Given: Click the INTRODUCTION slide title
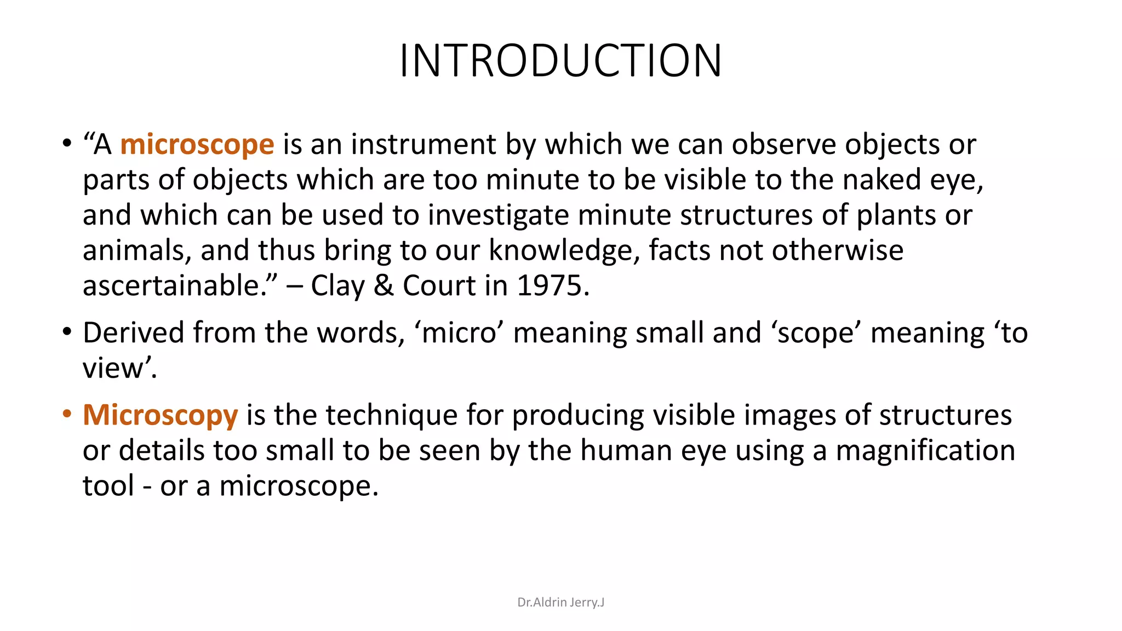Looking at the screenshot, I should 560,60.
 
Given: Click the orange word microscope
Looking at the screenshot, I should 197,145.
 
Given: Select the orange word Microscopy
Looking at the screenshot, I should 160,415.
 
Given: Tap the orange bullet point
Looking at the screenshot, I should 67,414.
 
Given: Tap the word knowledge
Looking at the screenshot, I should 564,250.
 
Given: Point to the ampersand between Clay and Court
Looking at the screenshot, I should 383,286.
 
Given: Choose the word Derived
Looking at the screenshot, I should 133,333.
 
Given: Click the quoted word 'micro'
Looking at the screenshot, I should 459,333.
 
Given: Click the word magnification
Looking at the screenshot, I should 925,451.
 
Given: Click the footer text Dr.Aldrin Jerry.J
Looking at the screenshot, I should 560,603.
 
